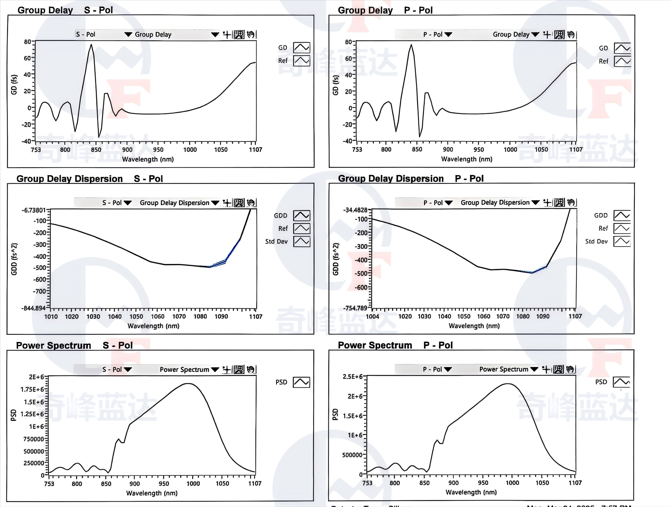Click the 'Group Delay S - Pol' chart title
[65, 10]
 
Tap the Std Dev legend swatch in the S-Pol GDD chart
[302, 242]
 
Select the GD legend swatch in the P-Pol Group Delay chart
[622, 48]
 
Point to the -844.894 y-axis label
[33, 308]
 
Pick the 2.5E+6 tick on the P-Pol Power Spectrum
[353, 377]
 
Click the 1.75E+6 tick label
[32, 390]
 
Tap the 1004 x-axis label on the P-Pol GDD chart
[372, 316]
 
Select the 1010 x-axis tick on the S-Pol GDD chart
[51, 317]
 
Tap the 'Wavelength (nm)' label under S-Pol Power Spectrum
[152, 493]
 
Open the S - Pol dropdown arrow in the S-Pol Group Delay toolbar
[128, 34]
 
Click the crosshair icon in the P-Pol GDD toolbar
[547, 203]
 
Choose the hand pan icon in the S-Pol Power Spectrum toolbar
[250, 369]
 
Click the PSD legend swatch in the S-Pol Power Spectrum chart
[301, 382]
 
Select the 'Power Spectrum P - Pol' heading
[395, 345]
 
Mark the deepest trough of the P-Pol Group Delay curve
[420, 136]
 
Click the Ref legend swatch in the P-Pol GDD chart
[622, 228]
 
